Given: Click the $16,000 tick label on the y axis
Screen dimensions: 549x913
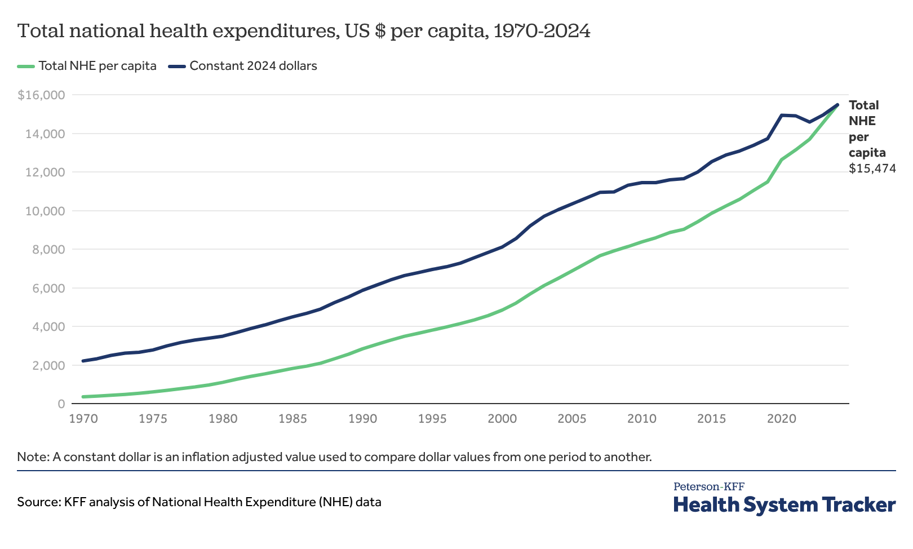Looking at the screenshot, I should pyautogui.click(x=41, y=95).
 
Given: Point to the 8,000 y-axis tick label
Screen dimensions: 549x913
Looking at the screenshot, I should pyautogui.click(x=50, y=250).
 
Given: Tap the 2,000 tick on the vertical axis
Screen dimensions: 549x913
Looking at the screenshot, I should pyautogui.click(x=50, y=365).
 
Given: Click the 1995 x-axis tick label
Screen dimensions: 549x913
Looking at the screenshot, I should pyautogui.click(x=432, y=419).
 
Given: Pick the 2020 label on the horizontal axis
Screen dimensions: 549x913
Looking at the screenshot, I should pyautogui.click(x=782, y=419).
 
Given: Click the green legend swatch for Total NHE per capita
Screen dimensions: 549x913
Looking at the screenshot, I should pyautogui.click(x=26, y=66).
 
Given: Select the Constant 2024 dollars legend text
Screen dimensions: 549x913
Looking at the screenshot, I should pyautogui.click(x=253, y=66).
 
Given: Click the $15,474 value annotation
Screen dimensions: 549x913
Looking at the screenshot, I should pyautogui.click(x=872, y=168).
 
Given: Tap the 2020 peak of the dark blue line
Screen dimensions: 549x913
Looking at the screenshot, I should pyautogui.click(x=782, y=115).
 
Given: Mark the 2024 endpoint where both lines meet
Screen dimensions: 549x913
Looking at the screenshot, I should pyautogui.click(x=837, y=104).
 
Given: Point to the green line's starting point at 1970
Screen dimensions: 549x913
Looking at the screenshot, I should pyautogui.click(x=83, y=397).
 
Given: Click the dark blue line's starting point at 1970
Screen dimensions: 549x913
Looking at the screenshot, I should pyautogui.click(x=83, y=361).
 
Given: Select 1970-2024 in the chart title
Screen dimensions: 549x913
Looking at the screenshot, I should pyautogui.click(x=542, y=31).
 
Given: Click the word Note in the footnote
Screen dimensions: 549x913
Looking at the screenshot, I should pyautogui.click(x=32, y=457).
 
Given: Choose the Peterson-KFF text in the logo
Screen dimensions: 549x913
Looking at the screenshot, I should pyautogui.click(x=708, y=486).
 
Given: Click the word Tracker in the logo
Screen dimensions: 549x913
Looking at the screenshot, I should pyautogui.click(x=858, y=504).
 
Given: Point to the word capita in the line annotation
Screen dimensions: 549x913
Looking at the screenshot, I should pyautogui.click(x=867, y=152).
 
